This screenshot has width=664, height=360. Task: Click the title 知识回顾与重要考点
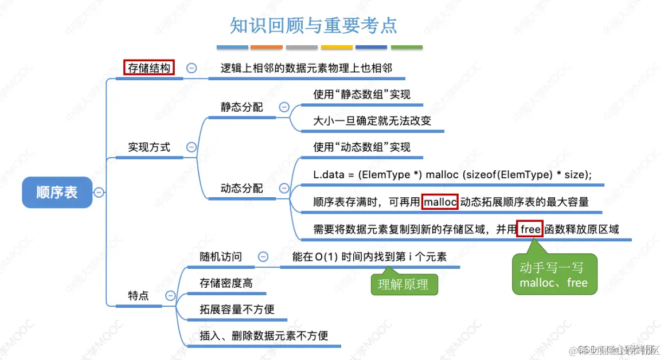click(x=313, y=25)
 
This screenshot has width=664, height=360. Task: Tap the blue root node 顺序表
click(x=57, y=192)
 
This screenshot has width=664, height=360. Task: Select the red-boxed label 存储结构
click(x=149, y=68)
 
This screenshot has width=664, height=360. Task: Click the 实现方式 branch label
click(x=149, y=147)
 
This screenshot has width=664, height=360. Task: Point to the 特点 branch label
click(x=138, y=295)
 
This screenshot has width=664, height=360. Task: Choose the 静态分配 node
click(x=241, y=107)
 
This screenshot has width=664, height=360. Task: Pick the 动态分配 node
click(x=241, y=188)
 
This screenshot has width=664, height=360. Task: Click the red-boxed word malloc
click(x=440, y=202)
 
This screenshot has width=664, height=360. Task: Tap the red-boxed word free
click(x=530, y=229)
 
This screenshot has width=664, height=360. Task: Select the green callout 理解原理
click(x=403, y=284)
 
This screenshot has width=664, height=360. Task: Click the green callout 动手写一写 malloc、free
click(x=553, y=275)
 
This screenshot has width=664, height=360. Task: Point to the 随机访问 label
click(x=221, y=257)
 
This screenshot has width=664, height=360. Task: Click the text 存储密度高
click(x=226, y=283)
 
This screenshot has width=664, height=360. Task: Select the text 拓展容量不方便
click(x=237, y=309)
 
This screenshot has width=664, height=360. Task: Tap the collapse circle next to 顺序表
click(x=99, y=192)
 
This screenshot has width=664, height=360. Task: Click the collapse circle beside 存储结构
click(x=192, y=68)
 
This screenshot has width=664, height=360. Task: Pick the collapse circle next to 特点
click(x=170, y=295)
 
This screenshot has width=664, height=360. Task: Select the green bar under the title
click(x=407, y=47)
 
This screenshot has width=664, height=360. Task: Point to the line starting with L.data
click(x=452, y=175)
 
